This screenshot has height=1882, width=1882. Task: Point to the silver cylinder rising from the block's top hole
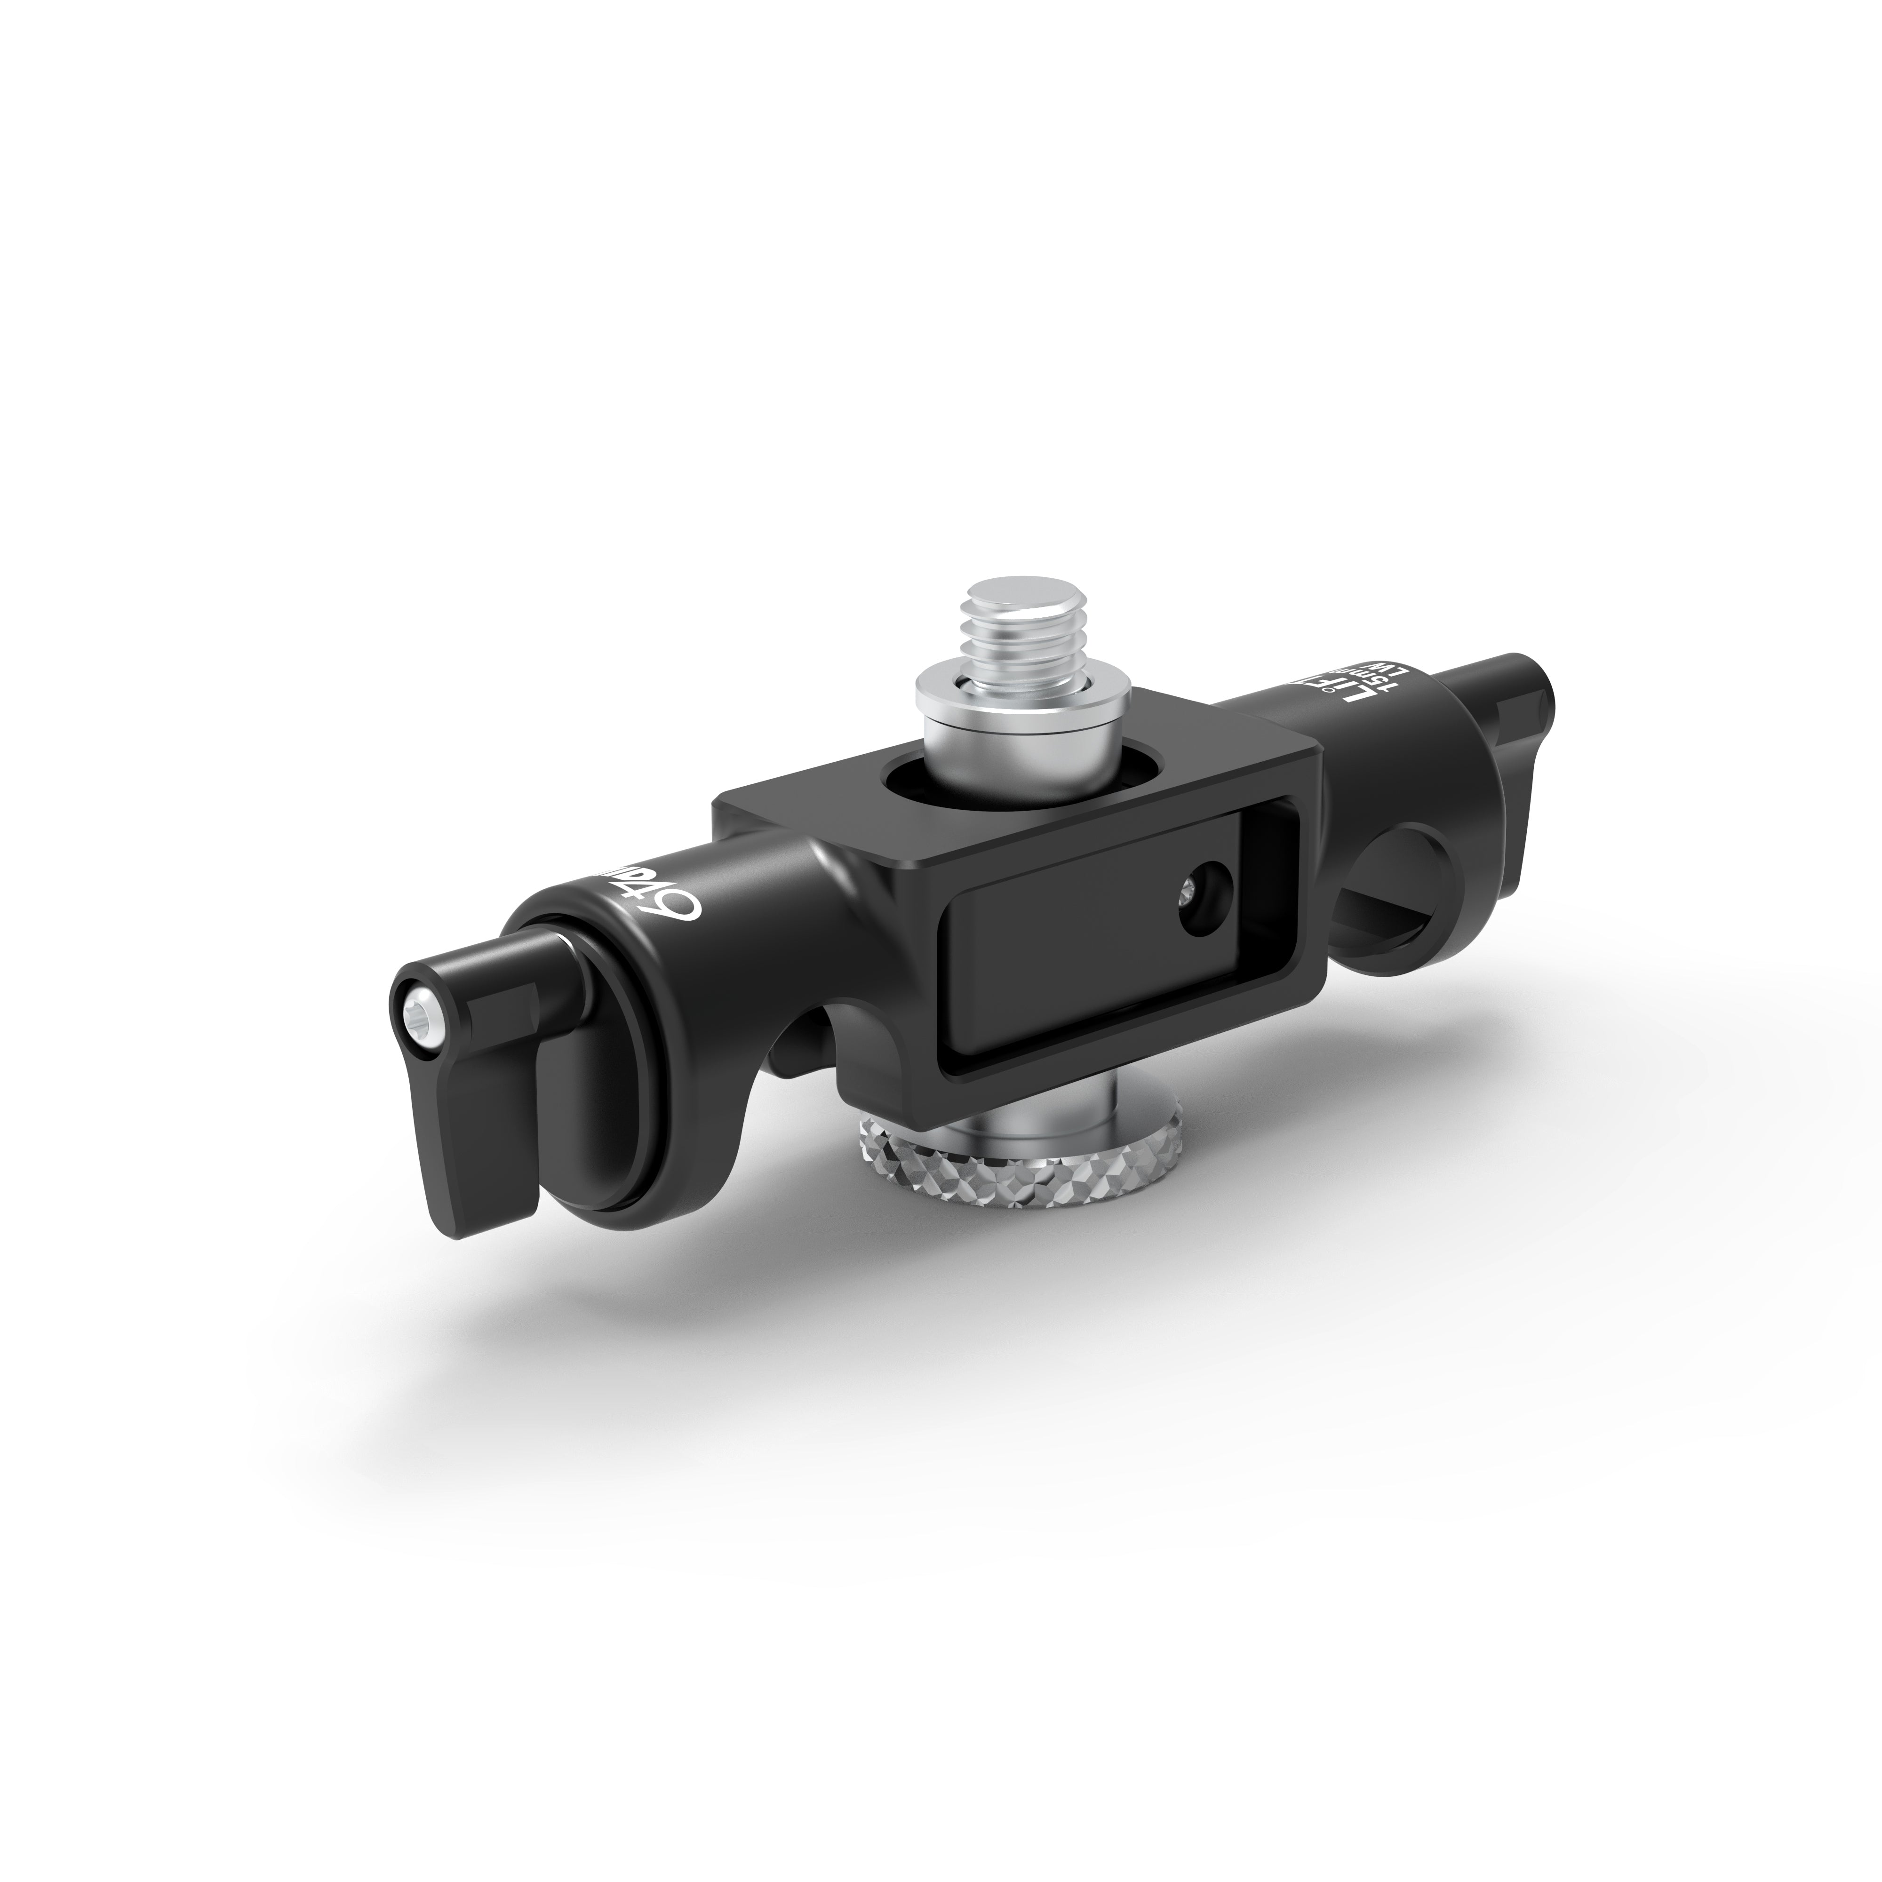point(984,760)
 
